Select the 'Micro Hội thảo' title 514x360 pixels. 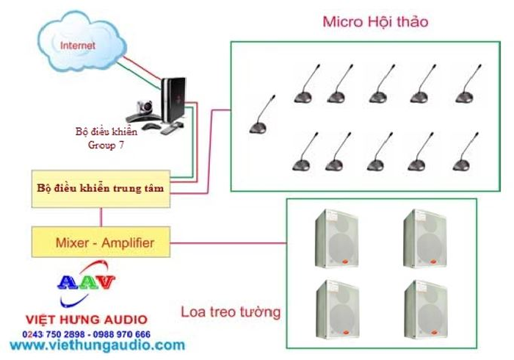[375, 22]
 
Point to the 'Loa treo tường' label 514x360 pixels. [231, 312]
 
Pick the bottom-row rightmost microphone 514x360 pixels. [465, 154]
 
